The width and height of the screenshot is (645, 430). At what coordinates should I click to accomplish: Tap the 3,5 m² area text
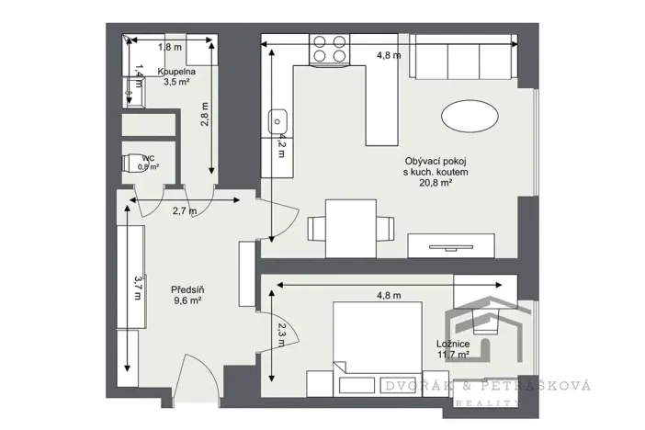point(175,81)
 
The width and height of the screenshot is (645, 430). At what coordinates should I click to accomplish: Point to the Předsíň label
point(187,289)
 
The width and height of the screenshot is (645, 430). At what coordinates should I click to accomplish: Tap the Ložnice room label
point(453,344)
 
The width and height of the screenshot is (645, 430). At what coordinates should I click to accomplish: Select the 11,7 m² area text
point(453,354)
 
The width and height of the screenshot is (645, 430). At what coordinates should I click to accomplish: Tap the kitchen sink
point(278,120)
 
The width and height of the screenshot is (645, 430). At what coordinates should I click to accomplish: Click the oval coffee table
point(471,117)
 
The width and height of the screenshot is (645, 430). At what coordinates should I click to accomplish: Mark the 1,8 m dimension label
point(170,46)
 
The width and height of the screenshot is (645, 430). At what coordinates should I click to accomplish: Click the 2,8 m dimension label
point(207,112)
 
